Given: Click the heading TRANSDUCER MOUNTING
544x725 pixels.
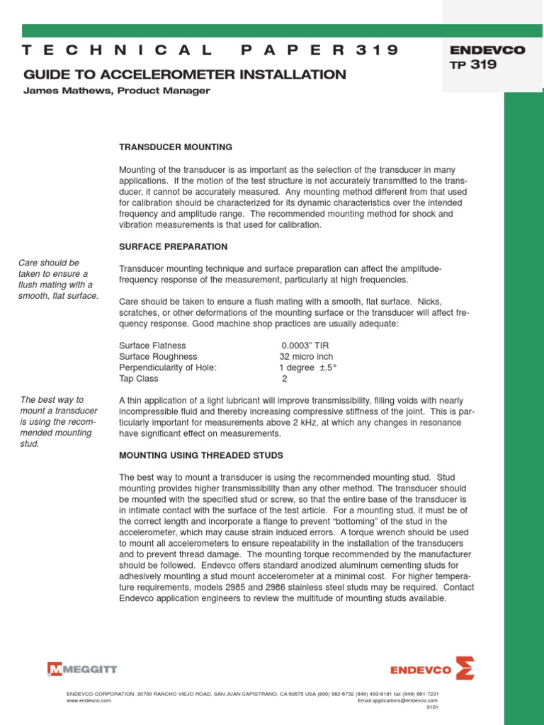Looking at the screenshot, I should pos(175,147).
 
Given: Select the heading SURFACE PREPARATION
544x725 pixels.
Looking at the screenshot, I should pos(173,246).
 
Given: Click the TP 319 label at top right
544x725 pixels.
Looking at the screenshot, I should pos(473,65).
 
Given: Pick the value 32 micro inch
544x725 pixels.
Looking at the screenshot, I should pos(306,357).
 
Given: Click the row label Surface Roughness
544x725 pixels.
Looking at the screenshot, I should pos(158,357).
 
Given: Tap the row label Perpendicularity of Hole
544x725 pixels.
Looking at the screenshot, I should pos(167,367).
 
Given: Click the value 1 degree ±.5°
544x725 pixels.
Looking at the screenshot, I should pos(308,367).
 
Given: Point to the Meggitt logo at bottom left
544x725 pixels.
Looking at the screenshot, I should pos(82,668).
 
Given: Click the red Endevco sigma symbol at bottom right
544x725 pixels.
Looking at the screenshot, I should pos(465,668).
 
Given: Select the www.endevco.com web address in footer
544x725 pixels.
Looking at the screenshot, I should pos(89,700).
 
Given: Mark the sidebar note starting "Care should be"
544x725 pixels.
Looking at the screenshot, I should pos(58,279).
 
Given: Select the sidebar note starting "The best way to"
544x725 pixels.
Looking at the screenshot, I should pos(57,421).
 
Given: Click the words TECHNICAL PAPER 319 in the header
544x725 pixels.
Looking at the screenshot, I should pos(210,50).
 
